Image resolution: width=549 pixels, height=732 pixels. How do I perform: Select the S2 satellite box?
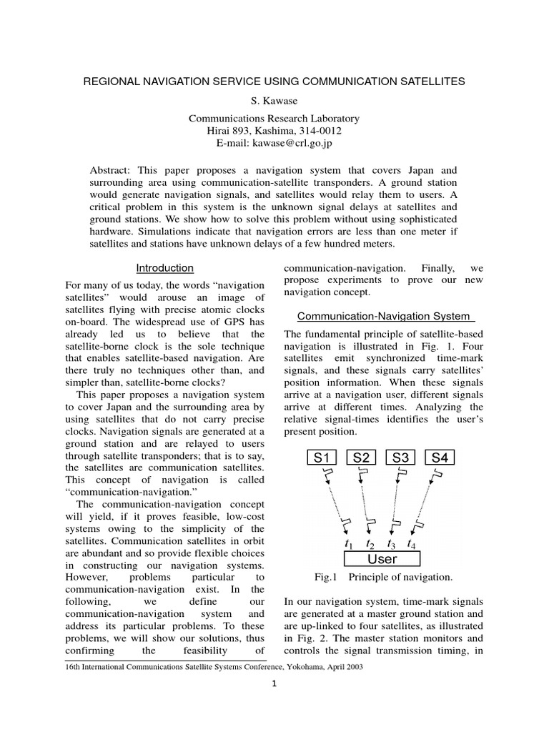(x=361, y=457)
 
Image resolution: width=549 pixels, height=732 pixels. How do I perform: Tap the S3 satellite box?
(x=400, y=457)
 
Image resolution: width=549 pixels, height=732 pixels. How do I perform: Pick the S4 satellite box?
(x=440, y=457)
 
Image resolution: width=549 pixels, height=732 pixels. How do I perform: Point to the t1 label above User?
(x=348, y=544)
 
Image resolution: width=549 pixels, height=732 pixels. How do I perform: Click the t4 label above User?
(x=412, y=544)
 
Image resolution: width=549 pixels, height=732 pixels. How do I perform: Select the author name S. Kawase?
(x=274, y=100)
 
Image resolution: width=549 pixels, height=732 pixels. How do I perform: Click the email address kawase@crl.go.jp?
(x=292, y=143)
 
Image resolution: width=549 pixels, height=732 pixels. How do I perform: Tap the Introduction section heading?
(x=165, y=268)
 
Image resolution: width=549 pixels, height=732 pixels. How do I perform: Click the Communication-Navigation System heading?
(x=383, y=316)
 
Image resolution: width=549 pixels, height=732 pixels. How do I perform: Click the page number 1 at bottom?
(x=274, y=683)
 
